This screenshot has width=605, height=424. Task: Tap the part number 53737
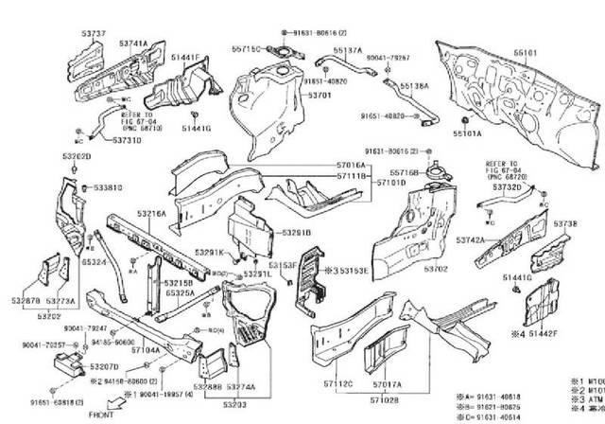point(94,33)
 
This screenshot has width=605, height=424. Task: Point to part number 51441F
point(184,59)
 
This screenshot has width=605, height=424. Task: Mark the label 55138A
point(414,85)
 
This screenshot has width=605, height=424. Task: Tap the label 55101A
point(466,134)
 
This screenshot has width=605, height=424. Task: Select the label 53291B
point(294,231)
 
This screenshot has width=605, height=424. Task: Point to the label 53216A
point(149,215)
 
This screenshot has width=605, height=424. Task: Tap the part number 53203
point(234,404)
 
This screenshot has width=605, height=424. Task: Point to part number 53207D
point(104,365)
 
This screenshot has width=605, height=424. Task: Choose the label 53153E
point(350,271)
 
